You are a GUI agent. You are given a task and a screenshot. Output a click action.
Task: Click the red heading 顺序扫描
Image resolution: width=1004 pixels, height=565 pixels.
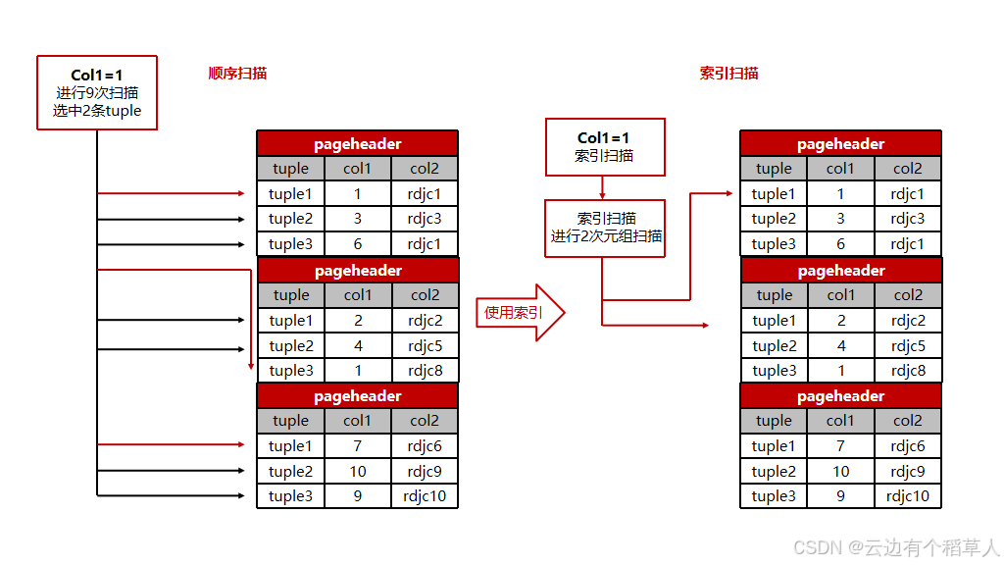(x=237, y=74)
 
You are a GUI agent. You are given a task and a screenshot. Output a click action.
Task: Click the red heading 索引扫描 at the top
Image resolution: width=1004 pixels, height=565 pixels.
(x=728, y=74)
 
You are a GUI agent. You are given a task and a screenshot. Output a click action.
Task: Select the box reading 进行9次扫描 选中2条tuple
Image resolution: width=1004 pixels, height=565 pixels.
(x=97, y=93)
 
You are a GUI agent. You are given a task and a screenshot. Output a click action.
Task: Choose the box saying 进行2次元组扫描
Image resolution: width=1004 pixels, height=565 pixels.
(x=605, y=228)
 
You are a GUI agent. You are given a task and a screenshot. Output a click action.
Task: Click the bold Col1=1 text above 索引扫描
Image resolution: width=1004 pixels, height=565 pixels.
(x=604, y=138)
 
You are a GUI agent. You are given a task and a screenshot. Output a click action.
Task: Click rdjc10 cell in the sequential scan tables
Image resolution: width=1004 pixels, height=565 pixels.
(x=425, y=496)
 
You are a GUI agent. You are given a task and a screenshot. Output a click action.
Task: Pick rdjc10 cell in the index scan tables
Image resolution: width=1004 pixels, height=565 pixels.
(x=908, y=496)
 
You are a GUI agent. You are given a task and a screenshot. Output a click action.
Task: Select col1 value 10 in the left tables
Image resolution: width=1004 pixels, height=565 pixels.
(x=358, y=472)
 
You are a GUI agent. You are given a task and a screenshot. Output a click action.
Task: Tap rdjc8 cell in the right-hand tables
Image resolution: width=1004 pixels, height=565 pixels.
(x=908, y=371)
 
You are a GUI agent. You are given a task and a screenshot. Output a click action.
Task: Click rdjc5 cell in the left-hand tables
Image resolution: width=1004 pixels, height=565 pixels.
(x=425, y=345)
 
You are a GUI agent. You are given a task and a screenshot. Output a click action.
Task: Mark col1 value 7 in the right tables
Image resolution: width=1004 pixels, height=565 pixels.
(x=840, y=446)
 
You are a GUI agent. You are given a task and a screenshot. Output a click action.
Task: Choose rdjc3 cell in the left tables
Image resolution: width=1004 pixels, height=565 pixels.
(x=425, y=219)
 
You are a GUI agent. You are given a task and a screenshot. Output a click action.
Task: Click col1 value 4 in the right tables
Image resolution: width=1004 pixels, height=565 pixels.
(x=840, y=345)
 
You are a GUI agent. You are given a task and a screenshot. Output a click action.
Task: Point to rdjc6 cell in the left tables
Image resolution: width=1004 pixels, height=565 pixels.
(x=425, y=446)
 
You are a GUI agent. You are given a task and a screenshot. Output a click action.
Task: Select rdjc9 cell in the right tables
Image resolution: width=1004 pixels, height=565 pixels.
(x=908, y=472)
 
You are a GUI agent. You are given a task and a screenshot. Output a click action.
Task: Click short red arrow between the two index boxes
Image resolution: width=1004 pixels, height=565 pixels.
(x=603, y=186)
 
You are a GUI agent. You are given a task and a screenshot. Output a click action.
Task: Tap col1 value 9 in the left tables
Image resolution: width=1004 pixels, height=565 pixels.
(x=358, y=496)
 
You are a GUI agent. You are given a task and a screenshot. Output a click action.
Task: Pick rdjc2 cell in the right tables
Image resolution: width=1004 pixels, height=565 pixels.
(x=908, y=321)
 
